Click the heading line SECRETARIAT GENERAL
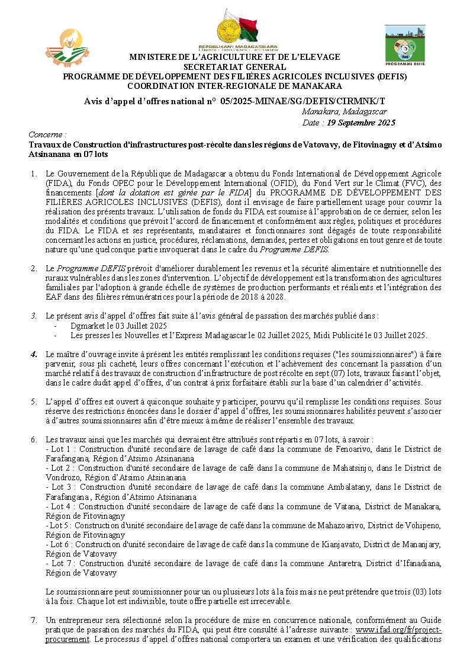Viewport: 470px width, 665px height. tap(235, 67)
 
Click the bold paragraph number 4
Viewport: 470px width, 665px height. tap(34, 354)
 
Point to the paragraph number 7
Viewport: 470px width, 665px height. tap(34, 620)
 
